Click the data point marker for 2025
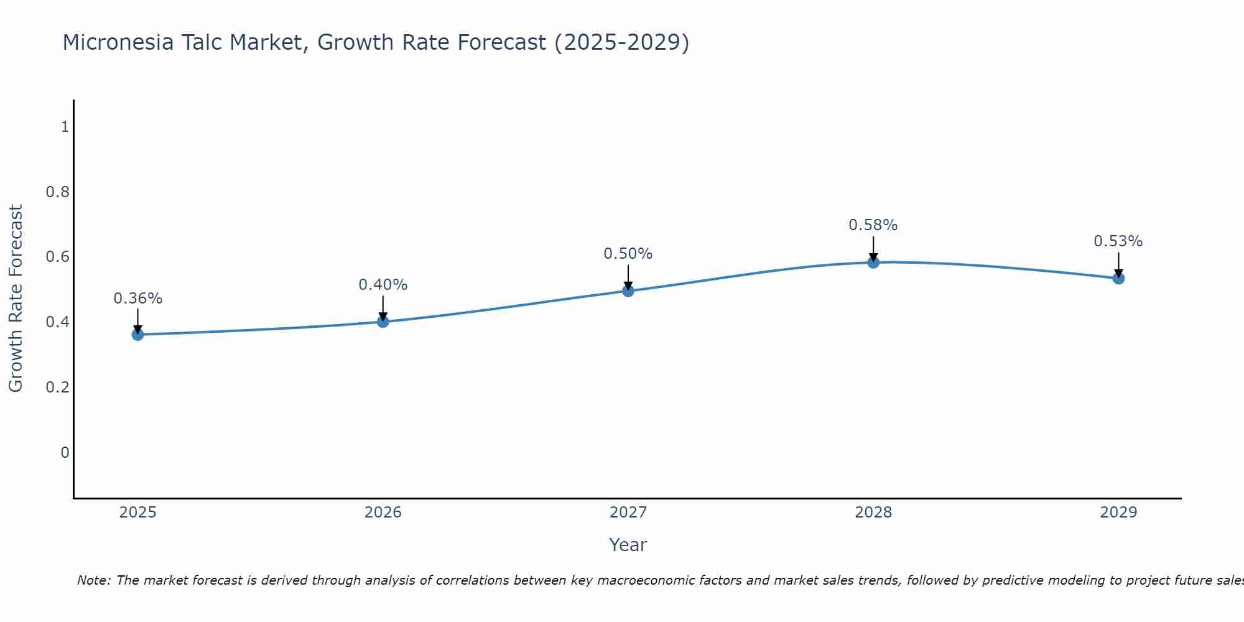(137, 335)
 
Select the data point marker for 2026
(383, 322)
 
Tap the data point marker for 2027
(628, 290)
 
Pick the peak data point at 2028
(873, 262)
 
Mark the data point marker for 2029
(1118, 278)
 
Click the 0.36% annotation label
(137, 299)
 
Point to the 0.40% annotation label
(383, 285)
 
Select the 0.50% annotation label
(628, 254)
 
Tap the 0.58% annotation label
(873, 225)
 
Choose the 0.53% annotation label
(1118, 241)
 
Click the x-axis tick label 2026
(383, 513)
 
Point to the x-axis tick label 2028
(873, 513)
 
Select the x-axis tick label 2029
(1118, 513)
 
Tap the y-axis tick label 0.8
(57, 192)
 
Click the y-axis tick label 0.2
(57, 387)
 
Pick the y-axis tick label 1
(65, 127)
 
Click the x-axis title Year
(628, 545)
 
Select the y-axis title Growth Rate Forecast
(16, 299)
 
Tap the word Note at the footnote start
(93, 580)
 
